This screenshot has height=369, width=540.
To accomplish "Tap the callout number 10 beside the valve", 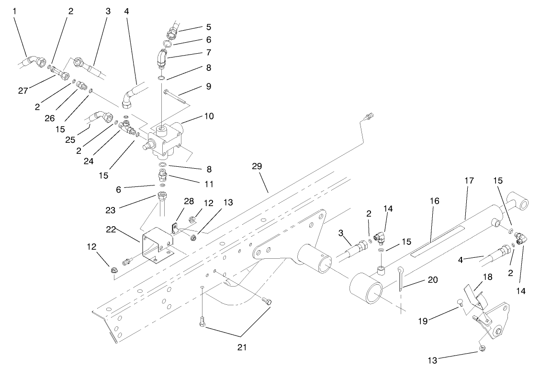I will [209, 116].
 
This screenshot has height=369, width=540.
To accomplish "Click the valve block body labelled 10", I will [168, 139].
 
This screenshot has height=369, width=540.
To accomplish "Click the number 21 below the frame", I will [242, 346].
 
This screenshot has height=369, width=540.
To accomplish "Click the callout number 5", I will [209, 27].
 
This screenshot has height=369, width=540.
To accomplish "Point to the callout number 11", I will [209, 184].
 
